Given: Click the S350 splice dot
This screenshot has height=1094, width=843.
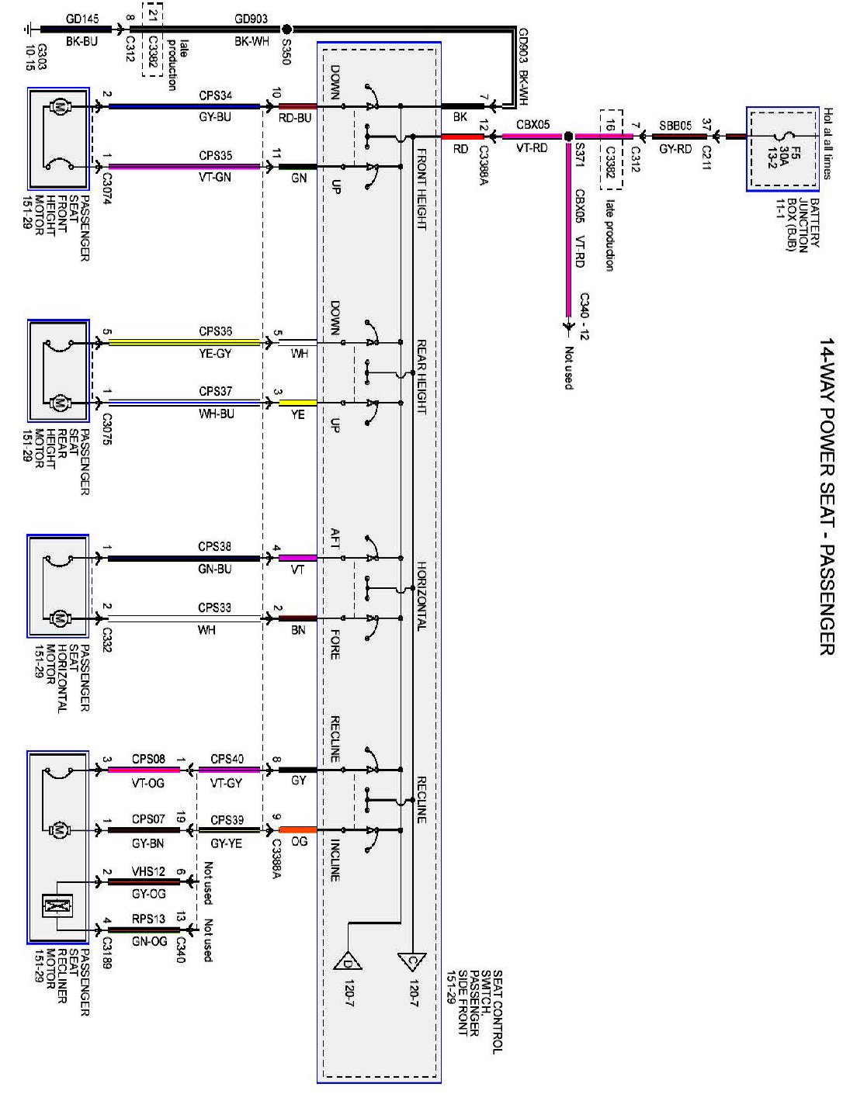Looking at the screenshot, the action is (286, 29).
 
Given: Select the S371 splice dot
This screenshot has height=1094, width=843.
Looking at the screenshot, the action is (567, 136).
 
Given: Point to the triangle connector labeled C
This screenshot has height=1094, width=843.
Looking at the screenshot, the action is (412, 962).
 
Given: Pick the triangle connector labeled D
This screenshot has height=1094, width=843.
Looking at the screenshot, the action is (348, 961).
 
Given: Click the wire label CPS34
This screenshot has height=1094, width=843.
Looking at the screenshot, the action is (215, 95).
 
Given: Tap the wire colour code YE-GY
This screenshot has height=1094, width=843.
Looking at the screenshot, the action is (216, 354).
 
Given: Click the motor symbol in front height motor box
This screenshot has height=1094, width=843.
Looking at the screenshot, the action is (58, 107).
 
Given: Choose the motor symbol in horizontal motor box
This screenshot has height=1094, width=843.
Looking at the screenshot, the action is (58, 618).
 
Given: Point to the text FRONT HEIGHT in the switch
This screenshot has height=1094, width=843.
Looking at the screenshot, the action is (421, 190).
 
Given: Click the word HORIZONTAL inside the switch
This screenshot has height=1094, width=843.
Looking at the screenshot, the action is (421, 596).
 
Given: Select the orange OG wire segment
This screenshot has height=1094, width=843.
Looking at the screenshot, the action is (297, 829).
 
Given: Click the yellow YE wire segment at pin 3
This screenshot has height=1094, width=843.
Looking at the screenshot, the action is (297, 403).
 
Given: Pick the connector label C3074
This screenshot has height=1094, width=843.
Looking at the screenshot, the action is (106, 187).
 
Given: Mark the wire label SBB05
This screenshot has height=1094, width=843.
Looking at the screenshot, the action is (675, 126).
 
